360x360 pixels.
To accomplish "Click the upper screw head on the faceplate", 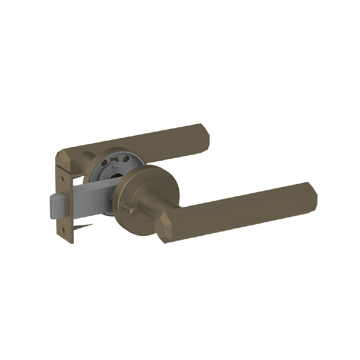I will coord(64,178).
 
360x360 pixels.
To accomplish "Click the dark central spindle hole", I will coord(116,176).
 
